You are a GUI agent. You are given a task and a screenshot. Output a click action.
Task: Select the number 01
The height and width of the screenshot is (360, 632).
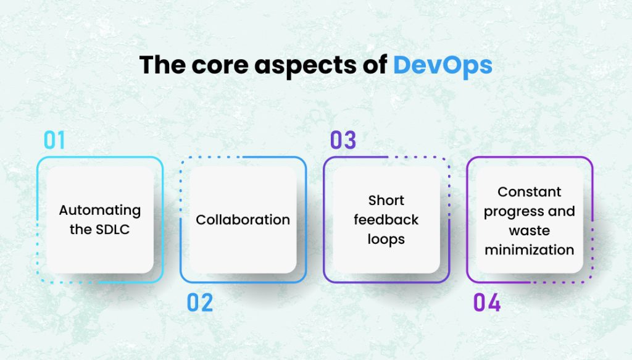click(x=54, y=141)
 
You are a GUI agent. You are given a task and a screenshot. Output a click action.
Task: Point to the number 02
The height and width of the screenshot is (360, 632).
click(x=199, y=303)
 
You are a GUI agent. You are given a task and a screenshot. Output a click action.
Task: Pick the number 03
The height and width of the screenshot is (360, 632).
click(x=343, y=141)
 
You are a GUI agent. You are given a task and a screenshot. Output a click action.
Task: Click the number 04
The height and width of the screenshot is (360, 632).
click(x=486, y=303)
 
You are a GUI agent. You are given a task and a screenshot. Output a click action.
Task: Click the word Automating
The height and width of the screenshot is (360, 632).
click(x=100, y=211)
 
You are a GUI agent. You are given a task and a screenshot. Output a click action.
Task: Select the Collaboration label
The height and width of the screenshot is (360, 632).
click(x=243, y=220)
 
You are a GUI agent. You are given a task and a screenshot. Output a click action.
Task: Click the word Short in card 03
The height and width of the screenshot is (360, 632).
click(x=386, y=201)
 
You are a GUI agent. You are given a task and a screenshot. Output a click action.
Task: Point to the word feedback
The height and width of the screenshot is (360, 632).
click(x=386, y=220)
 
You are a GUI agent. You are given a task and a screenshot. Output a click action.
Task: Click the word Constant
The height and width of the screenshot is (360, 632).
click(x=529, y=192)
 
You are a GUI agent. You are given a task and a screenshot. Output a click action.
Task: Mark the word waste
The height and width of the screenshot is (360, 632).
click(x=529, y=230)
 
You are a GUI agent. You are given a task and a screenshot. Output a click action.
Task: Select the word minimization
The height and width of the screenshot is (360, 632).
click(x=529, y=249)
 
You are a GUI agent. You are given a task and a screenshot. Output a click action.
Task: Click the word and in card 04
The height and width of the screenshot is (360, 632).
click(x=561, y=211)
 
